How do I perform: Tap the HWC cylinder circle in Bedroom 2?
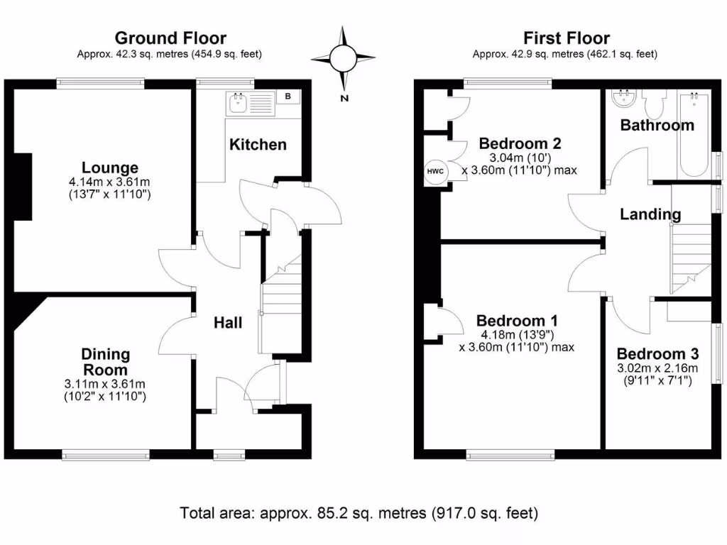pyautogui.click(x=433, y=171)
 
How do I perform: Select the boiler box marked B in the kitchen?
pyautogui.click(x=288, y=97)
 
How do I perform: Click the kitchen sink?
pyautogui.click(x=236, y=104)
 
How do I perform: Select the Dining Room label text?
pyautogui.click(x=105, y=362)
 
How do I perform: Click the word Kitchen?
pyautogui.click(x=258, y=145)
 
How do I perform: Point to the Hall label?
pyautogui.click(x=228, y=323)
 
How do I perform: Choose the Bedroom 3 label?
pyautogui.click(x=657, y=354)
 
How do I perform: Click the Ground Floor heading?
pyautogui.click(x=170, y=38)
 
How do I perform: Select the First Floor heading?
pyautogui.click(x=566, y=38)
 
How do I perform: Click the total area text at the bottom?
pyautogui.click(x=359, y=512)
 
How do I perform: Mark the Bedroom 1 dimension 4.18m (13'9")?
pyautogui.click(x=516, y=334)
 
